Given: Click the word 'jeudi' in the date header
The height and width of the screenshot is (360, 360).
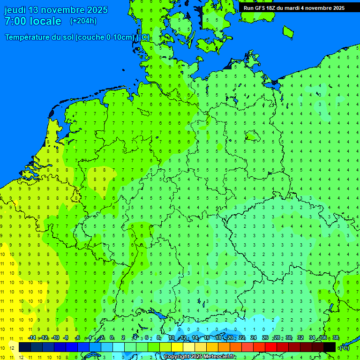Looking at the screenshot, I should click(x=15, y=10).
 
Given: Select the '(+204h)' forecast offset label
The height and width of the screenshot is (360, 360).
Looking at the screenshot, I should click(x=83, y=21).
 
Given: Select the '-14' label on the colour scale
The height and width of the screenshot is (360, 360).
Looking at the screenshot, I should click(x=32, y=338).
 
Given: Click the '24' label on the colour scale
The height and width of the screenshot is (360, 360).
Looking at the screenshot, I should click(x=254, y=338).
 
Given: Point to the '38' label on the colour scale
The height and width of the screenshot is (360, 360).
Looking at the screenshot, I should click(x=336, y=338).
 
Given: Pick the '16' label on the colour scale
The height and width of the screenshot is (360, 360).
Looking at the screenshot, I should click(x=207, y=338).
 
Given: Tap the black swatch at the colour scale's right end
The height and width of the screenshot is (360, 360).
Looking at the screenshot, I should click(x=330, y=347).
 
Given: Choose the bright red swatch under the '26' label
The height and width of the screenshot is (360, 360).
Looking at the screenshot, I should click(x=271, y=347).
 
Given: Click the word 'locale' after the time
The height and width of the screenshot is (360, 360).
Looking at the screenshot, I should click(x=46, y=21).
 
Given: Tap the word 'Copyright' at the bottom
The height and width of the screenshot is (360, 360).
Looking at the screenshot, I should click(x=177, y=357).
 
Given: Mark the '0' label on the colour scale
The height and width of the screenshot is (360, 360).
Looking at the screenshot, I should click(x=112, y=338).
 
